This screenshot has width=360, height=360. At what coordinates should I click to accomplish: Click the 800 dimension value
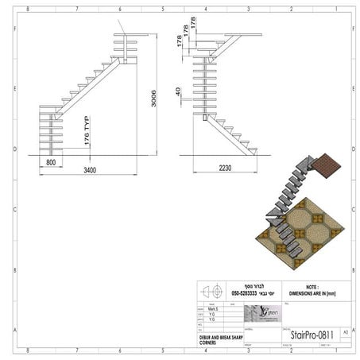coord(50,162)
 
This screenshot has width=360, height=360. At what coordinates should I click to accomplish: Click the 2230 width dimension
coord(226,168)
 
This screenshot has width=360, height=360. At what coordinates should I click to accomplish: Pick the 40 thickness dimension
coord(179,94)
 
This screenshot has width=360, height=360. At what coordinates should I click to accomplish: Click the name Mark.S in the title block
coord(214,309)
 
